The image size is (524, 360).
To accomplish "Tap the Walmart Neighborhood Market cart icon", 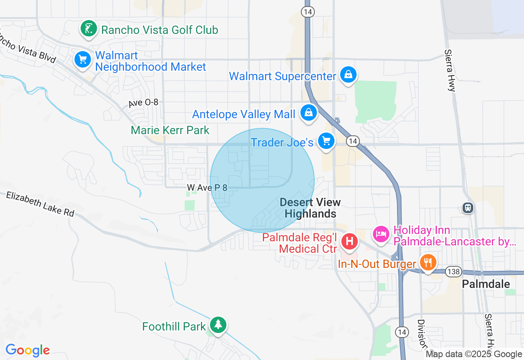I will pos(83,60).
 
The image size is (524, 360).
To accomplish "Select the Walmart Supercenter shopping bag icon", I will pos(348,75).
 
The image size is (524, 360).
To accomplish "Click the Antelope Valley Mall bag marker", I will pos(309,112).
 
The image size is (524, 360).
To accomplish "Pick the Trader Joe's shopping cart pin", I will pos(326,142).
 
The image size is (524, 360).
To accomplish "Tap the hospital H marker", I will pos(350,241).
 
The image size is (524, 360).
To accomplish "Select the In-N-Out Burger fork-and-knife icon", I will pos(428,262).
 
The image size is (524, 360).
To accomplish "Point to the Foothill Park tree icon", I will pos(218,325).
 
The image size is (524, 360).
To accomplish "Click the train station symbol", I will pos(468,208).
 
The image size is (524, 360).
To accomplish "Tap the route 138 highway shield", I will pos(454,272).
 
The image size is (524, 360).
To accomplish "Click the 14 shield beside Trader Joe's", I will pos(352,142).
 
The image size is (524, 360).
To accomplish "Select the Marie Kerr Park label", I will pos(170,130).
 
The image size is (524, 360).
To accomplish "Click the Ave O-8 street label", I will pos(143,103).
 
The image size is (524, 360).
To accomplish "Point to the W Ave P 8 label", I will pos(207,187).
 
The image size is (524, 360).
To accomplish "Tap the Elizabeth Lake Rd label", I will pos(40,204).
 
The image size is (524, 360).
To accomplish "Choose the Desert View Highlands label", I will pos(310,208).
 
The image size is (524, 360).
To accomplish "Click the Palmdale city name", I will pos(486,284).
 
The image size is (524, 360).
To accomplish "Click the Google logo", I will pos(27,350).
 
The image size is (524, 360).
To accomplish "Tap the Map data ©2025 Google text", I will pos(474,354).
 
